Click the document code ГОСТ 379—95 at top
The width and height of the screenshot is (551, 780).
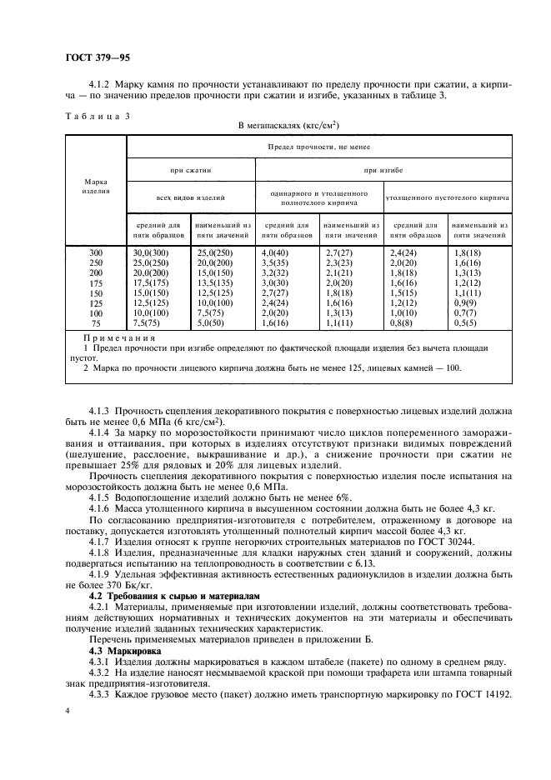coord(98,57)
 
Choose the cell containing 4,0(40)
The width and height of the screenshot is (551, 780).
coord(276,252)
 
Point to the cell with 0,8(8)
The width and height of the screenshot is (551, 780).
coord(404,322)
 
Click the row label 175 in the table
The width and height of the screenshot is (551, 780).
coord(96,282)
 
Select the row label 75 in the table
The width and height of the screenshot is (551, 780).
coord(96,322)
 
